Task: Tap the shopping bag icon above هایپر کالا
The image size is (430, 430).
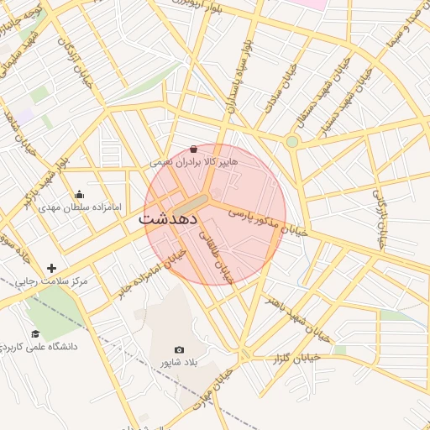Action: pyautogui.click(x=194, y=148)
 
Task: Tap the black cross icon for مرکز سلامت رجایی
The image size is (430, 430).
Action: pyautogui.click(x=52, y=269)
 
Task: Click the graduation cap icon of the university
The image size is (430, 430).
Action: pyautogui.click(x=35, y=333)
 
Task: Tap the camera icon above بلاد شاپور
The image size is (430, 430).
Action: pyautogui.click(x=179, y=349)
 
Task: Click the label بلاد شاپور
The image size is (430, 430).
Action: pyautogui.click(x=179, y=362)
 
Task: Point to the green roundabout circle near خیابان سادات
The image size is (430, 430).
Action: pyautogui.click(x=291, y=141)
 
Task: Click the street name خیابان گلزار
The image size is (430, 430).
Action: pyautogui.click(x=294, y=359)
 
